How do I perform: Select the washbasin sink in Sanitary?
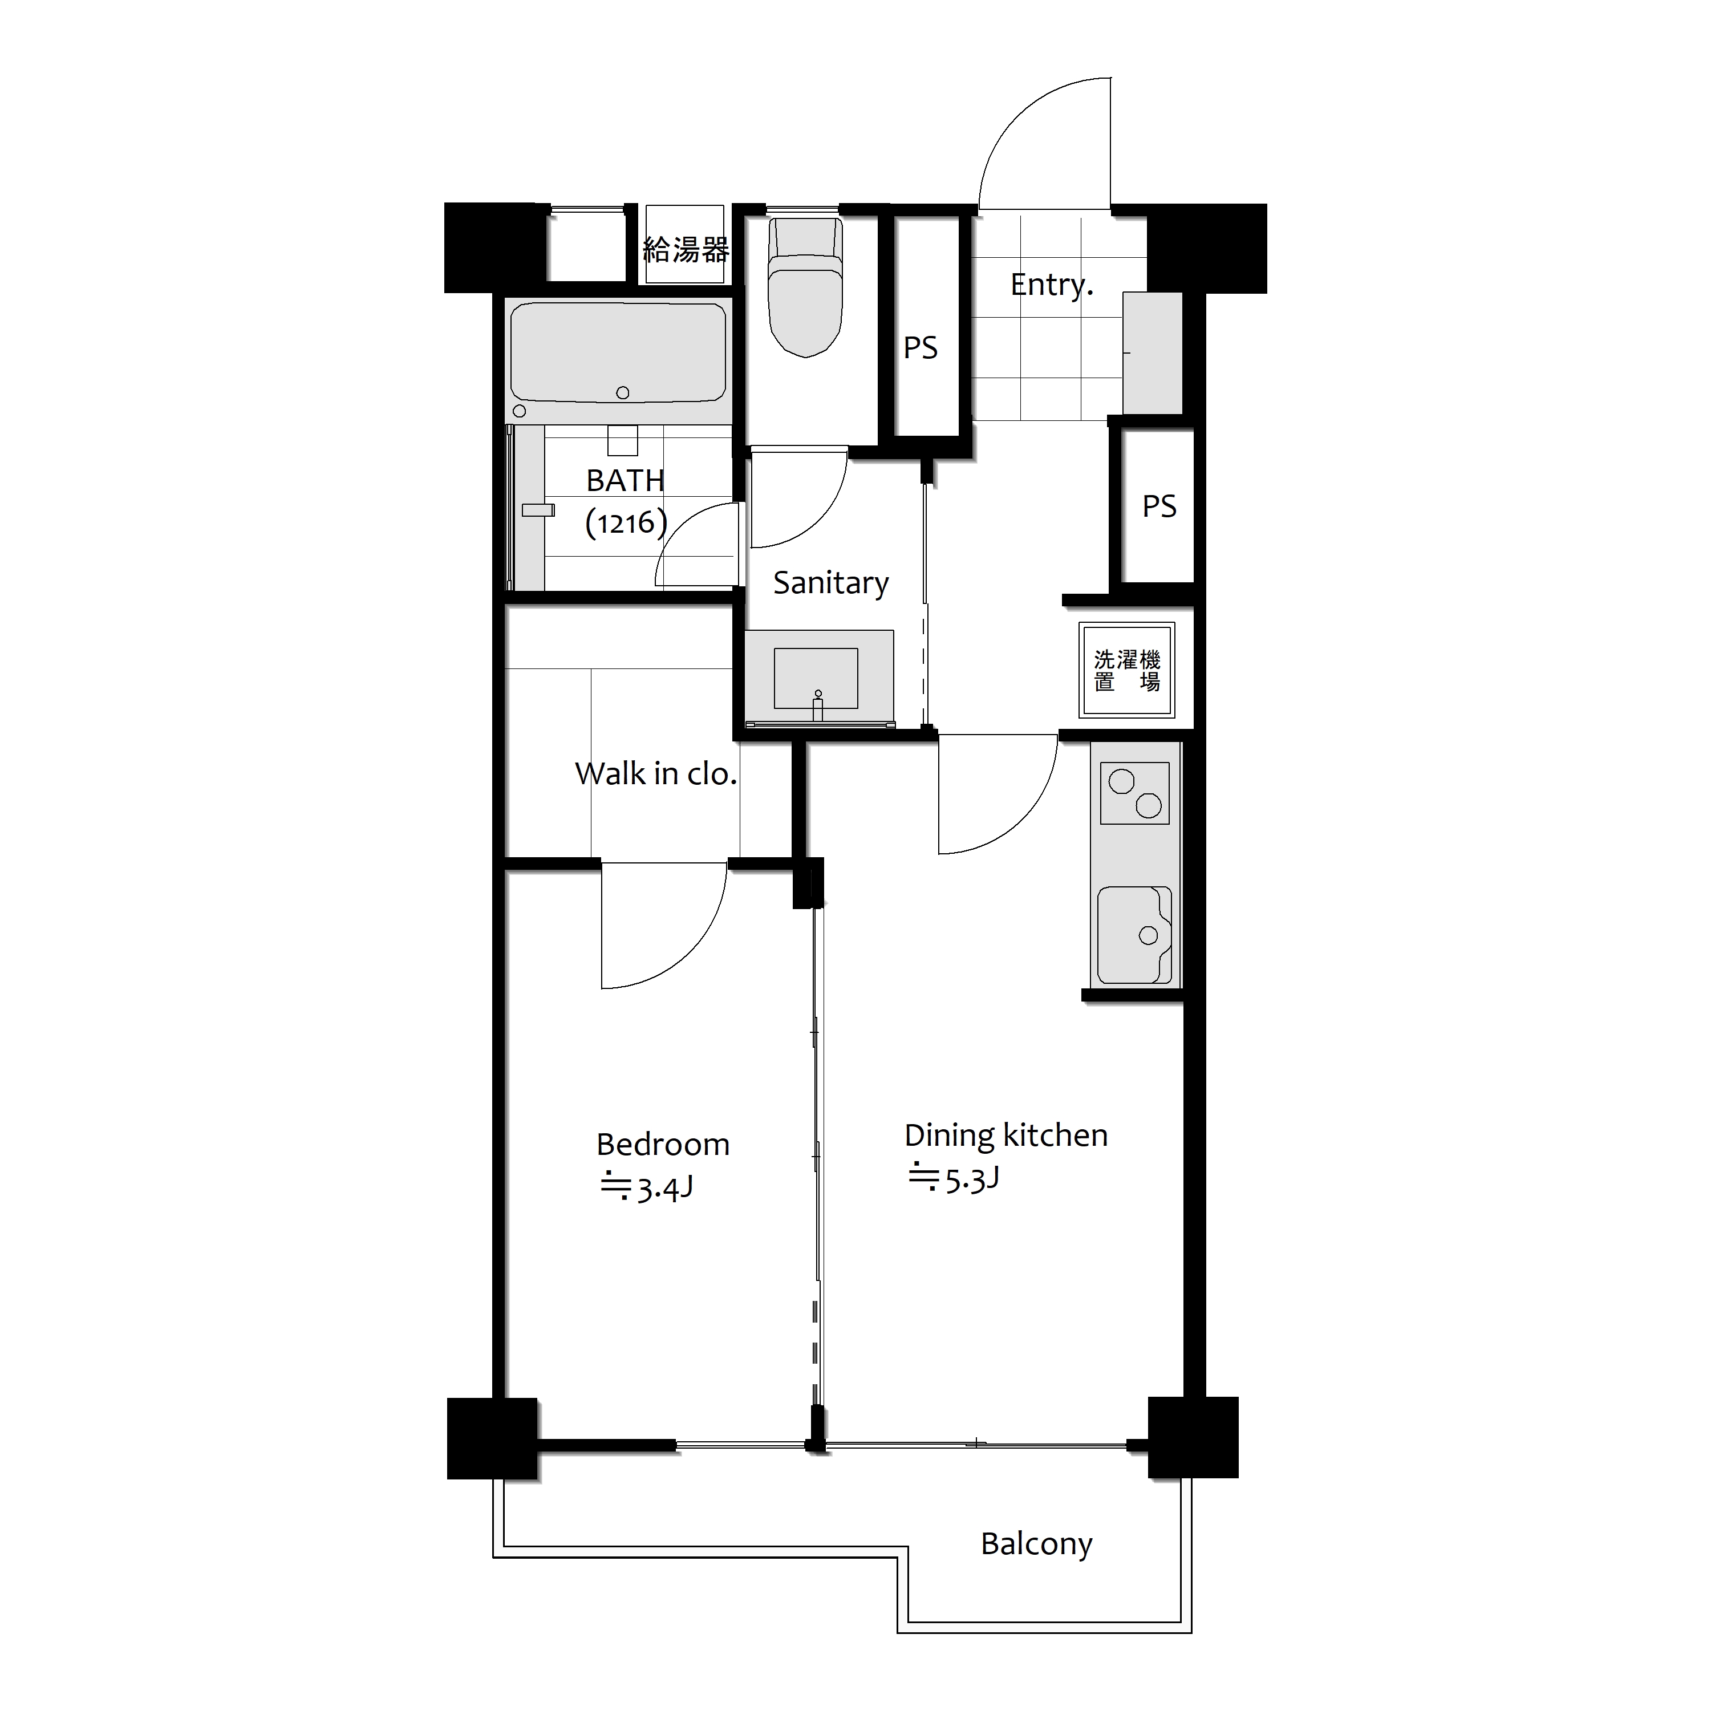pyautogui.click(x=816, y=678)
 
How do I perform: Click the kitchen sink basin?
pyautogui.click(x=1134, y=934)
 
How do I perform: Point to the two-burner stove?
pyautogui.click(x=1134, y=793)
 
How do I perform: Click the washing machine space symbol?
pyautogui.click(x=1126, y=670)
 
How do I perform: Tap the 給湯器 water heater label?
pyautogui.click(x=686, y=250)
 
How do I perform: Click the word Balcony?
pyautogui.click(x=1036, y=1544)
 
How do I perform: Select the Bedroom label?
pyautogui.click(x=662, y=1144)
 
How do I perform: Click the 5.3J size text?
pyautogui.click(x=971, y=1179)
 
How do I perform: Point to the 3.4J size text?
pyautogui.click(x=664, y=1187)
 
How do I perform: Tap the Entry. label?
pyautogui.click(x=1051, y=285)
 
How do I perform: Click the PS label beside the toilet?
pyautogui.click(x=920, y=348)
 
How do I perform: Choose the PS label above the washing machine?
pyautogui.click(x=1159, y=506)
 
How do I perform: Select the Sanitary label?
pyautogui.click(x=831, y=583)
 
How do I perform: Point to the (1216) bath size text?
pyautogui.click(x=625, y=522)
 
